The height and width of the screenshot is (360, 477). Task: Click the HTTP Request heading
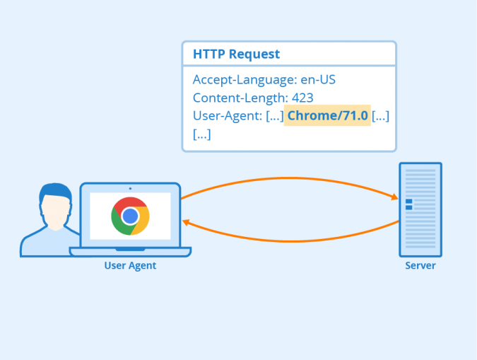236,54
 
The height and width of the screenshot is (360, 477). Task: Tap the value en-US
315,80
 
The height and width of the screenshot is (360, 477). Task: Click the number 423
302,98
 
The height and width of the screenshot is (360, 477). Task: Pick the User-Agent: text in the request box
227,115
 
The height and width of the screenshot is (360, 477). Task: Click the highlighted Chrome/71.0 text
328,115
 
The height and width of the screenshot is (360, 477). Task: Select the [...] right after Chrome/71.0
380,115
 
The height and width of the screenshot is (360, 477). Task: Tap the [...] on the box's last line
201,133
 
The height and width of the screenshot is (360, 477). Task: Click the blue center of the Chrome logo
130,216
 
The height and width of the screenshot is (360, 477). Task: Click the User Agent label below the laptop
130,266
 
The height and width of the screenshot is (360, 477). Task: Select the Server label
420,266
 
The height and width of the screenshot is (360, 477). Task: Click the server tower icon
420,209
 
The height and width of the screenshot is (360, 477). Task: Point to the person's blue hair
54,190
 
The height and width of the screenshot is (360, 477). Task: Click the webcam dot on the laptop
130,187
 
